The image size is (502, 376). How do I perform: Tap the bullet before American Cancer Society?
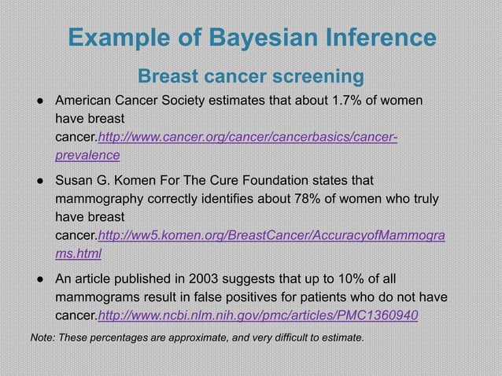tap(38, 101)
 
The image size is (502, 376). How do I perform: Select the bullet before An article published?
tap(38, 279)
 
